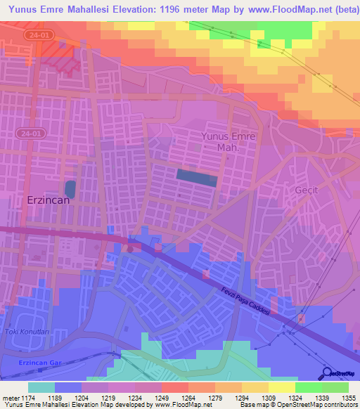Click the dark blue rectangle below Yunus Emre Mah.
pos(196,176)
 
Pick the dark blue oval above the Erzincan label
pos(70,188)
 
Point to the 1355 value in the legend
pos(349,397)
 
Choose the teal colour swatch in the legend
pos(41,387)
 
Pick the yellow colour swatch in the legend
pos(281,387)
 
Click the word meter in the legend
pos(8,397)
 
